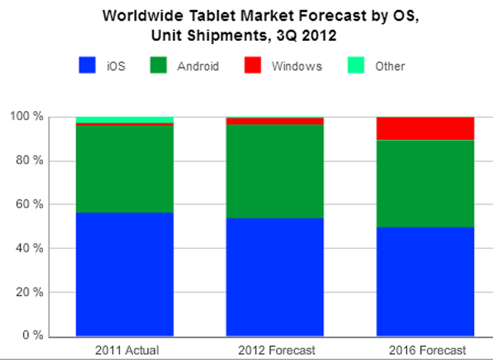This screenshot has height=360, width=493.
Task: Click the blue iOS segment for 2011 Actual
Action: [124, 274]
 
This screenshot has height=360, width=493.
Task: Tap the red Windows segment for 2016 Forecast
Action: [424, 129]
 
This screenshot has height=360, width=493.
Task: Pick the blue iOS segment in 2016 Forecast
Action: [424, 281]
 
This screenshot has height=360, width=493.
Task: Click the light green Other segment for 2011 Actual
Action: [124, 119]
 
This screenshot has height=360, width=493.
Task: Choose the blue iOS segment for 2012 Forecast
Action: [274, 277]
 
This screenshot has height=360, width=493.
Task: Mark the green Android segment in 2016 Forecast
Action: [424, 183]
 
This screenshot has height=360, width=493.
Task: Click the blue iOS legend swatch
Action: [87, 66]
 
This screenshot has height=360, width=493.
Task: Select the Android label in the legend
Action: [197, 66]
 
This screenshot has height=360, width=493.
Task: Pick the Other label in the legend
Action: [390, 66]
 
